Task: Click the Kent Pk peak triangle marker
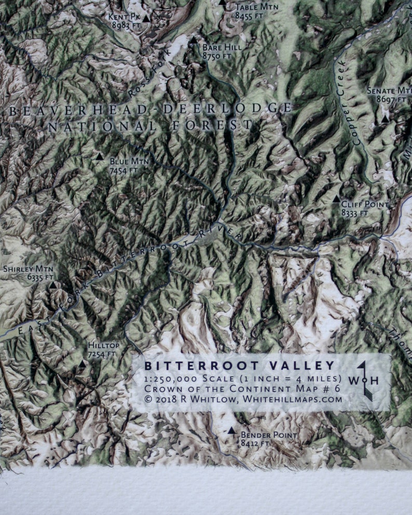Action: point(146,19)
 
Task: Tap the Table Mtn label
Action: point(256,7)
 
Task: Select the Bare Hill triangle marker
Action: point(194,40)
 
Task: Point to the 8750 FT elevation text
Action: point(217,56)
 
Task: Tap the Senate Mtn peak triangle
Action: point(385,119)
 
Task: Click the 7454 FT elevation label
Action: point(123,170)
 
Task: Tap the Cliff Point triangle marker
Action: point(336,199)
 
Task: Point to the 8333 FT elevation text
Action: point(355,213)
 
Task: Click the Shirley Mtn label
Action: point(24,269)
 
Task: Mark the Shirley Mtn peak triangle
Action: point(52,285)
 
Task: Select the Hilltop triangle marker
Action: point(82,364)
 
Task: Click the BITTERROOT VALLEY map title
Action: point(240,366)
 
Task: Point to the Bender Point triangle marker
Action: point(231,430)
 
